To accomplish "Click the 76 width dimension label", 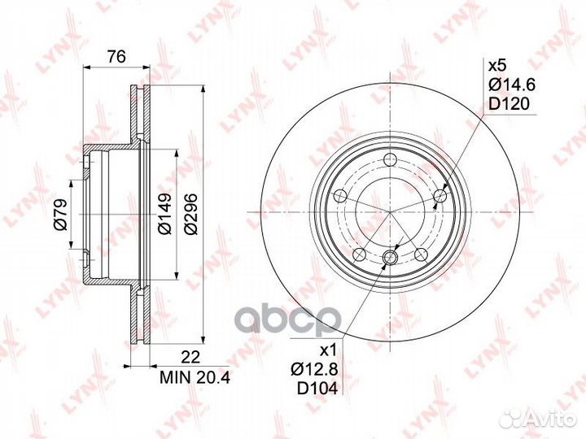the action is point(116,58).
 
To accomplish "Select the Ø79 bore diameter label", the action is point(60,215).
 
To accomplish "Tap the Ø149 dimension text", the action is point(164,214).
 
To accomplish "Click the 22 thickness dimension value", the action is point(190,358).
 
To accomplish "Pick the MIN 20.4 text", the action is point(195,377).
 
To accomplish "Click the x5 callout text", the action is point(497,66).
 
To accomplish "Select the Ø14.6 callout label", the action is point(512,85).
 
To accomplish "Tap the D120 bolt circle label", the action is point(509,103).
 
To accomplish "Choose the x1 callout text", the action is point(330,350).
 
